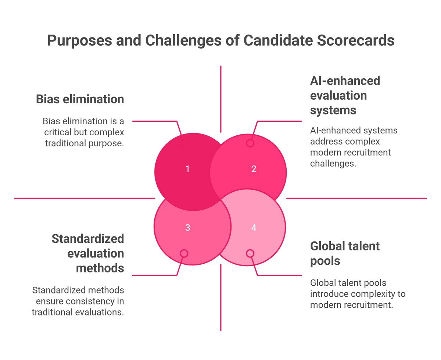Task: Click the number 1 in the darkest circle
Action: pos(187,169)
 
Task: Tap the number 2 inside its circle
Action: pos(254,169)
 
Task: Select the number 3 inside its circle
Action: pos(187,228)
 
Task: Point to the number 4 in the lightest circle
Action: pos(254,228)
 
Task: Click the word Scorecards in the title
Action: pos(355,40)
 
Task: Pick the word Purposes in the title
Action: pos(80,41)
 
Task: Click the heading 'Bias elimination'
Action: pos(80,99)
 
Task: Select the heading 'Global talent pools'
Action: pos(345,253)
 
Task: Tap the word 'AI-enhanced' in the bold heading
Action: pos(345,81)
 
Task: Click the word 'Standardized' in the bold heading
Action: pos(88,239)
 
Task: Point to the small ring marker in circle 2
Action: pos(250,143)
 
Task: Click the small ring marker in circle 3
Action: pos(184,253)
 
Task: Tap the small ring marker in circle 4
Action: pos(250,253)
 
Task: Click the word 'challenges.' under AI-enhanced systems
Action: pos(333,163)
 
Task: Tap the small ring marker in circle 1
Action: pos(184,143)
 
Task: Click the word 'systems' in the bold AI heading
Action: pos(333,111)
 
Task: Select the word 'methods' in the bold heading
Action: pos(100,268)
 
